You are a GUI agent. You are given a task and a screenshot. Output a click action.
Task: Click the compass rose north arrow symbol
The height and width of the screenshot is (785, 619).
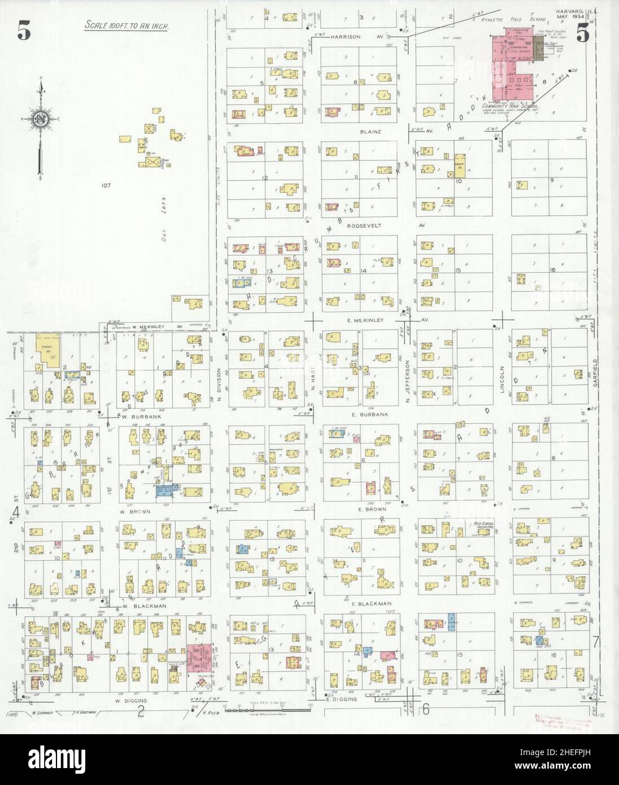[x=41, y=119]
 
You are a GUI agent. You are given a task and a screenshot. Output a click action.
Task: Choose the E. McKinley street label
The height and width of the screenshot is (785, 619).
[x=365, y=320]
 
